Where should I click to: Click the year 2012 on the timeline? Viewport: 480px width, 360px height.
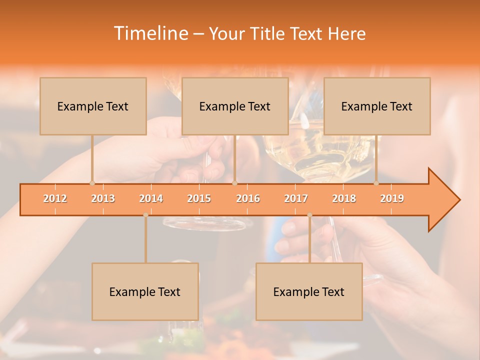[55, 198]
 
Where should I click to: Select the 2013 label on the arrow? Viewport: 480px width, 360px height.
[103, 198]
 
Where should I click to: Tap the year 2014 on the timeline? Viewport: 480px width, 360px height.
[151, 198]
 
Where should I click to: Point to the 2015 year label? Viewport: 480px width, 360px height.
[199, 198]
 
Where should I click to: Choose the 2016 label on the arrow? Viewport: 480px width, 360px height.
[248, 198]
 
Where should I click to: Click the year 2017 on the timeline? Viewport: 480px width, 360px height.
[296, 198]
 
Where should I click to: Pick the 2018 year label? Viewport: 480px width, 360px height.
[344, 198]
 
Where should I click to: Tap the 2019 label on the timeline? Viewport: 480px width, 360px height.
[392, 198]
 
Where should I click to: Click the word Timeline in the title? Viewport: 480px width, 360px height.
[150, 33]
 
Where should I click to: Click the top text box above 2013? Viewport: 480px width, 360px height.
[93, 106]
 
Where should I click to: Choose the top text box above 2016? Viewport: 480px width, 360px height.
[235, 106]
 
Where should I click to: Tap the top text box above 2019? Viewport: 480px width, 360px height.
[377, 106]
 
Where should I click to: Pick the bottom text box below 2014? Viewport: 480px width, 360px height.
[145, 291]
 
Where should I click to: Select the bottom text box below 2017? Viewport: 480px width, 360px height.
[309, 291]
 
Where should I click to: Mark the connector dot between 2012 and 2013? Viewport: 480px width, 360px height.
[92, 183]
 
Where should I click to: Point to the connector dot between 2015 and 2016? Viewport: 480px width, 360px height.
[234, 183]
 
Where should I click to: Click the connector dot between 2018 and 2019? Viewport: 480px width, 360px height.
[376, 183]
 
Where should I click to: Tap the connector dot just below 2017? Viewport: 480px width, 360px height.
[309, 215]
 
